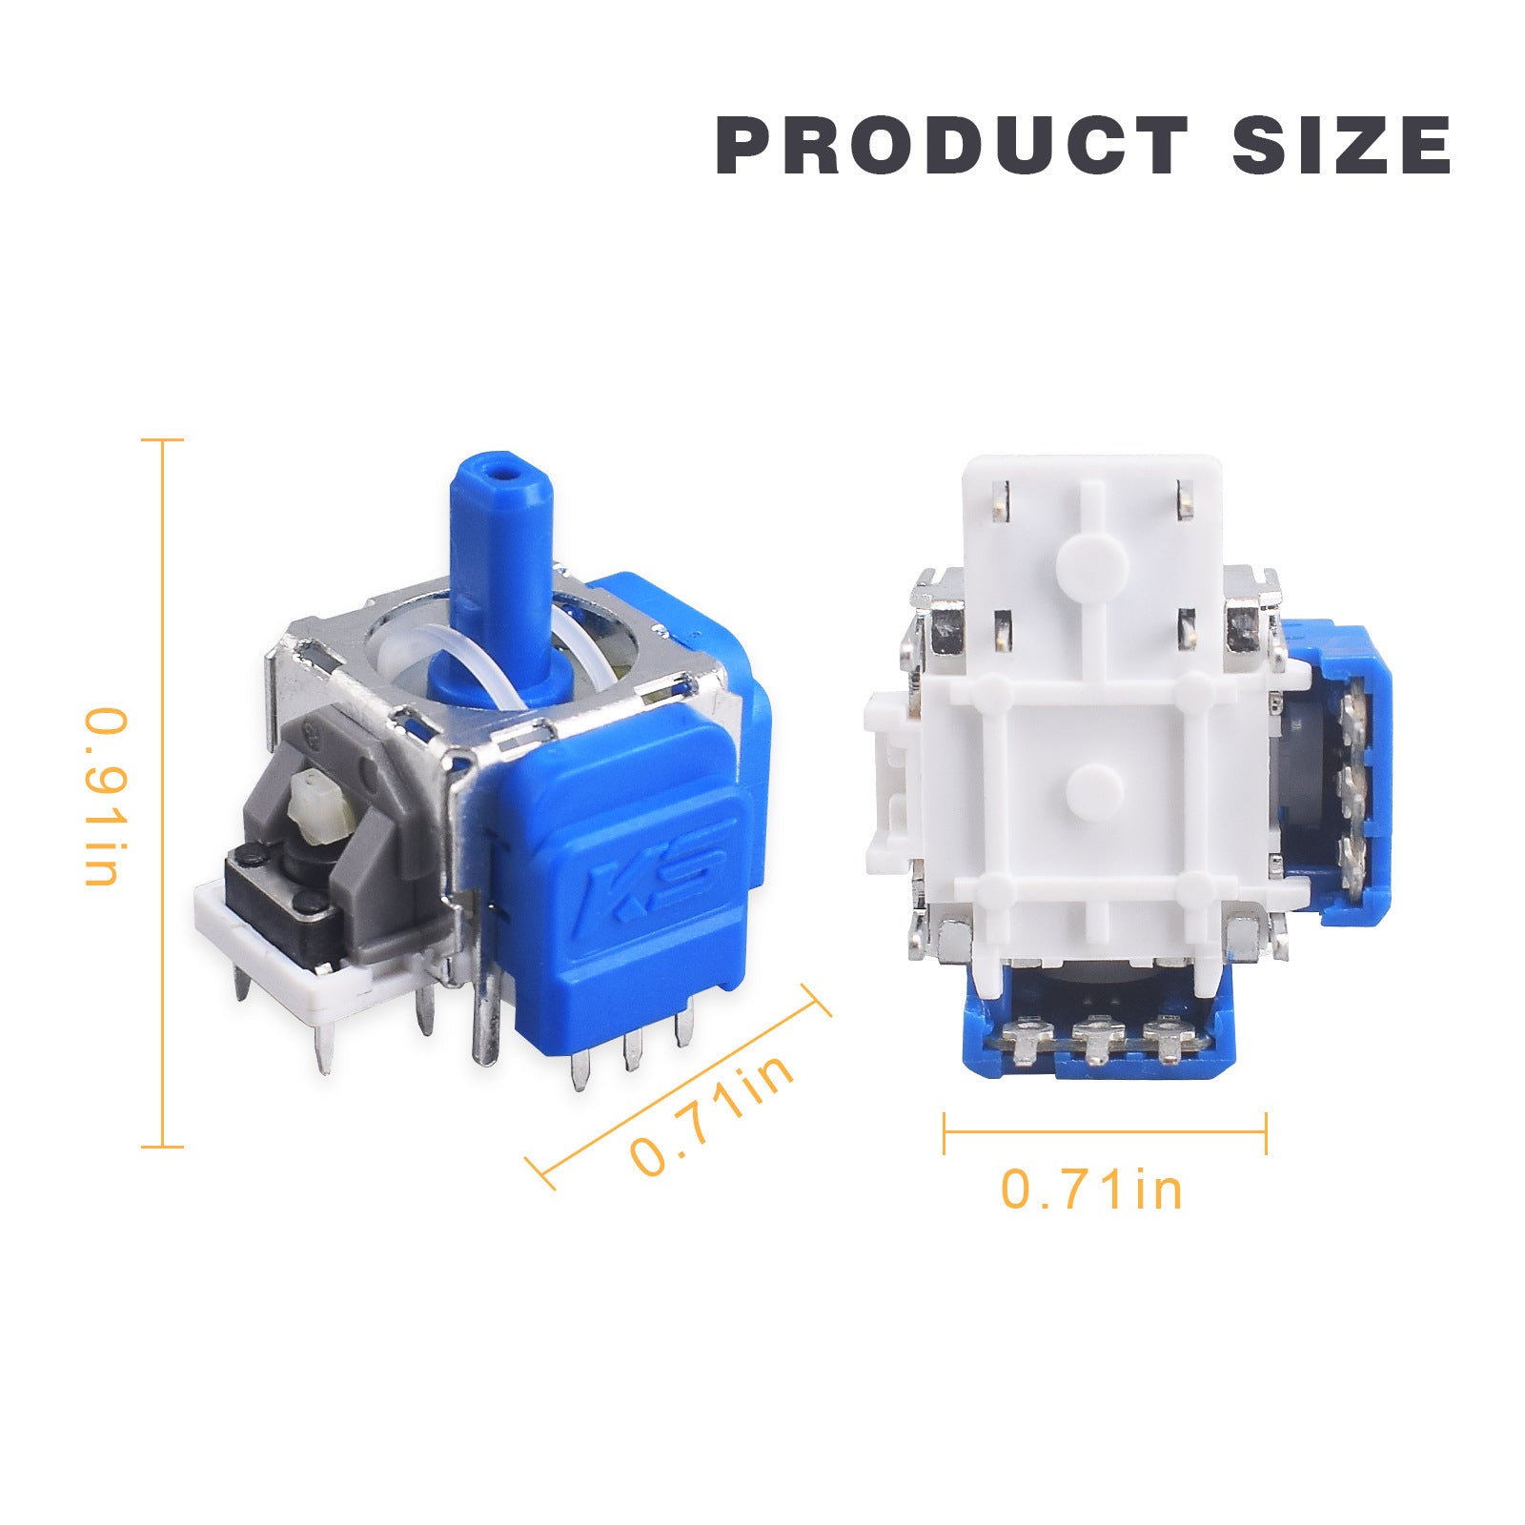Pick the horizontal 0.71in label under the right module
coord(1091,1190)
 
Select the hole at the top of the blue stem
coord(502,469)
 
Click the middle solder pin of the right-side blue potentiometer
coord(1353,785)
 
